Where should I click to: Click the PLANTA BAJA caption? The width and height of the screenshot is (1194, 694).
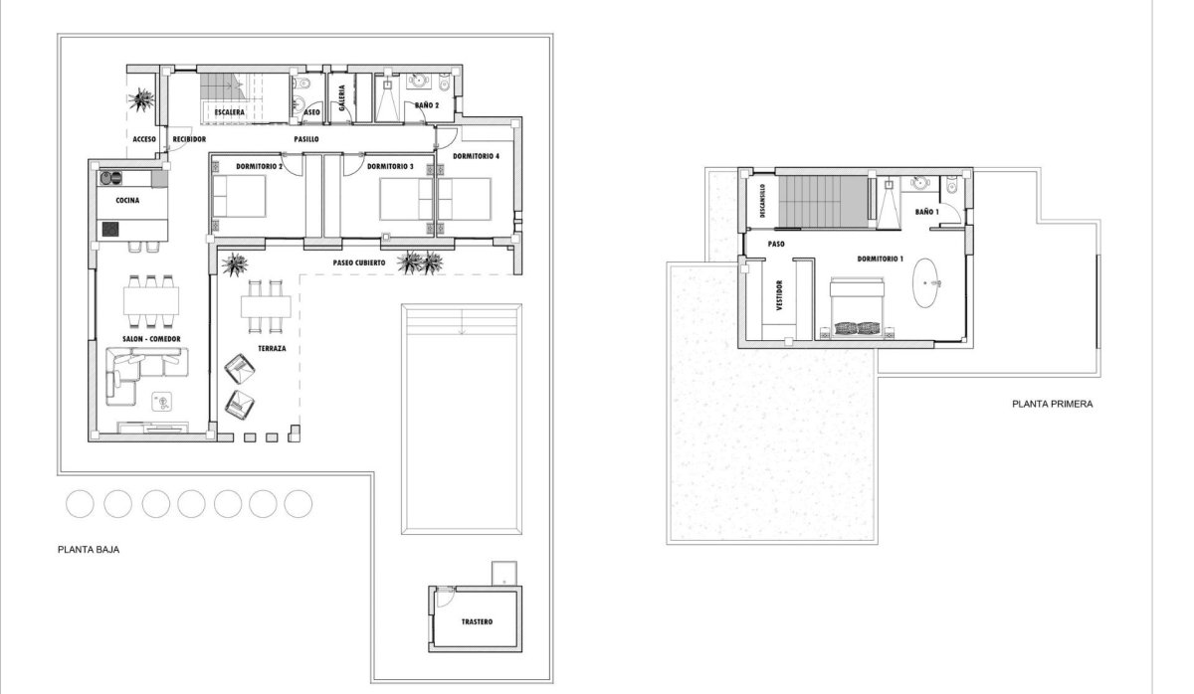point(90,548)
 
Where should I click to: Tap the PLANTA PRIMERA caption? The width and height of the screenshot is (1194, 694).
point(1053,405)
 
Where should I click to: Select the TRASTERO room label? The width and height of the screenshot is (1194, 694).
point(477,622)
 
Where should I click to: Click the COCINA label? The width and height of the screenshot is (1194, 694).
point(126,201)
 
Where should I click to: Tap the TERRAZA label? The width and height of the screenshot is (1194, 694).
point(272,349)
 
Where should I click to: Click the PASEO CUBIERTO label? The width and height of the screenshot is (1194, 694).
point(359,263)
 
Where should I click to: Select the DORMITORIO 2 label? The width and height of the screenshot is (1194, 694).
point(260,166)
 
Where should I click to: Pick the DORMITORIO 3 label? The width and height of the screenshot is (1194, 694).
point(390,166)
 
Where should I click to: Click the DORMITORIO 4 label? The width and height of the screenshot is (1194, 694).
point(476,157)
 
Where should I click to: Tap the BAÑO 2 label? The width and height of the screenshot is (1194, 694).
point(426,104)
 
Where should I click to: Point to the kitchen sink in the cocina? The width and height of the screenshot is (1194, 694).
point(109,179)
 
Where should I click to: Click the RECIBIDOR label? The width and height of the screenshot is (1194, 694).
point(188,139)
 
